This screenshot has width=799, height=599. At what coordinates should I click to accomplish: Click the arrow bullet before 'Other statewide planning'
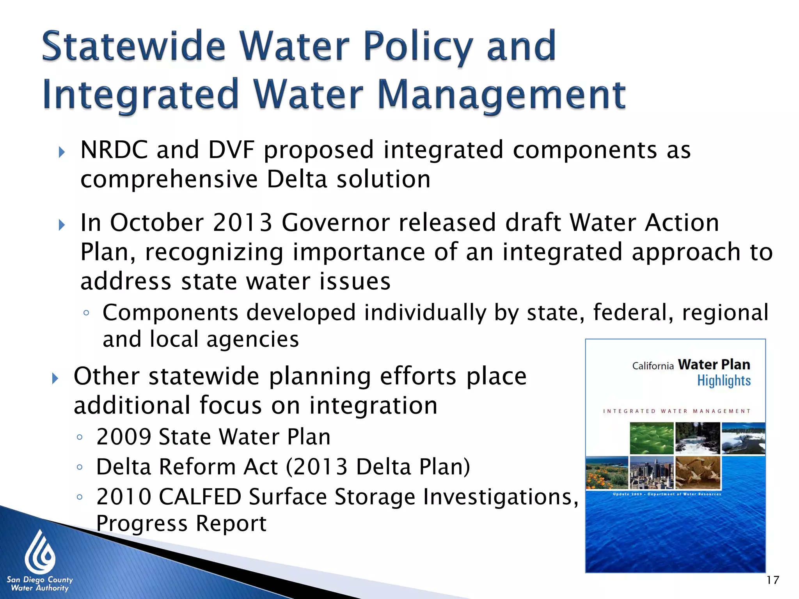tap(55, 378)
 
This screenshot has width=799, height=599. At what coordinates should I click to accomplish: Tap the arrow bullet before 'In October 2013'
tap(62, 225)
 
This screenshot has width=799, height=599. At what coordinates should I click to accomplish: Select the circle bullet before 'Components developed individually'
tap(86, 313)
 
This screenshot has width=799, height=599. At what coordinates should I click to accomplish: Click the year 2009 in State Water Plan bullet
tap(124, 437)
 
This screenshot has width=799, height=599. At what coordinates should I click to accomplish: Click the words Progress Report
tap(181, 523)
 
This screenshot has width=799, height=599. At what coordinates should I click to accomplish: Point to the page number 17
tap(772, 580)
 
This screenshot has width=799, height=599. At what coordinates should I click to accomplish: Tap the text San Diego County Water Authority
tap(40, 584)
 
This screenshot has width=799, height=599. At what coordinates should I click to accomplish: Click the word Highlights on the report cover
tap(724, 381)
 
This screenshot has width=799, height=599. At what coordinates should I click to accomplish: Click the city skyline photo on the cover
tap(651, 473)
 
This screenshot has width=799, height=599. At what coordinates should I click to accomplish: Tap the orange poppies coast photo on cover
tap(607, 473)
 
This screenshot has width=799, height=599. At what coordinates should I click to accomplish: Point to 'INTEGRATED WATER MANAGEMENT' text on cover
tap(676, 411)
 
